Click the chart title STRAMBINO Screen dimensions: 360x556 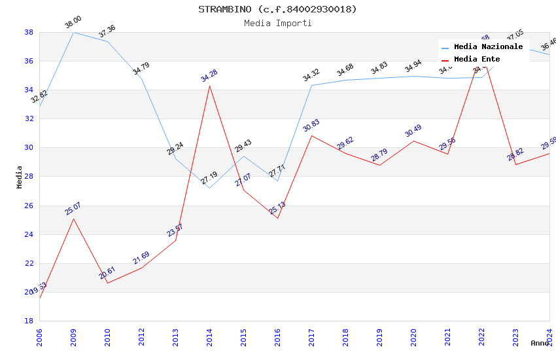(x=277, y=9)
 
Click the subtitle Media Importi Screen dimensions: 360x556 (x=277, y=23)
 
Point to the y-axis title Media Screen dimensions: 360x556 (x=20, y=177)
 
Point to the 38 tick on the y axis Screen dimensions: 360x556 (x=29, y=32)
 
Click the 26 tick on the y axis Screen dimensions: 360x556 (x=29, y=206)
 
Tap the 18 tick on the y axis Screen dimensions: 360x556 (x=29, y=321)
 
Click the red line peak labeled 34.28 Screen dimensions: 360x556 (x=209, y=86)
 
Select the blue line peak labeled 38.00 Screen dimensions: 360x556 (x=73, y=32)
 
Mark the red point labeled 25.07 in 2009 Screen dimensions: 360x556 (x=73, y=219)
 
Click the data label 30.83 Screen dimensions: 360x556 (x=311, y=126)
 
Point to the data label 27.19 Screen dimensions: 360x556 (x=209, y=178)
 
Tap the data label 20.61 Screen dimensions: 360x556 (x=107, y=273)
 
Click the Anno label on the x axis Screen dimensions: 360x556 (x=540, y=343)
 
